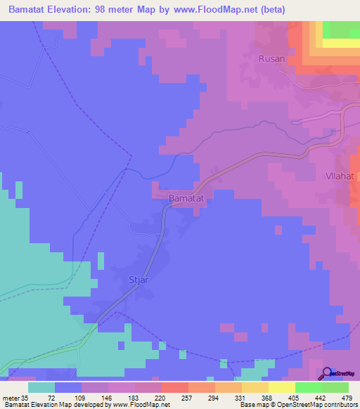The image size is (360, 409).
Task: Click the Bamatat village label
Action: click(x=186, y=199)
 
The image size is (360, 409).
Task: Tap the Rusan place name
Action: click(x=271, y=59)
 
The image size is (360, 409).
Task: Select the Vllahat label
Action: click(x=341, y=176)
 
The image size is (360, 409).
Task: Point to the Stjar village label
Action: click(x=139, y=280)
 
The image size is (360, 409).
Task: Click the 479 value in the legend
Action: click(x=347, y=397)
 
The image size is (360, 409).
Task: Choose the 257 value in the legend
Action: click(x=186, y=397)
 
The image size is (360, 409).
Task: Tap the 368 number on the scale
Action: click(x=266, y=397)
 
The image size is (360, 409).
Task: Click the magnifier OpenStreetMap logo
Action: click(x=326, y=374)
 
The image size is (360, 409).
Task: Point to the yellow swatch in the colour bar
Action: click(x=282, y=387)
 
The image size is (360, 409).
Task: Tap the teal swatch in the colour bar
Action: click(x=41, y=387)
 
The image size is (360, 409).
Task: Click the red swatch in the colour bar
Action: click(x=175, y=387)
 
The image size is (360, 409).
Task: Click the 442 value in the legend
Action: click(x=320, y=397)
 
